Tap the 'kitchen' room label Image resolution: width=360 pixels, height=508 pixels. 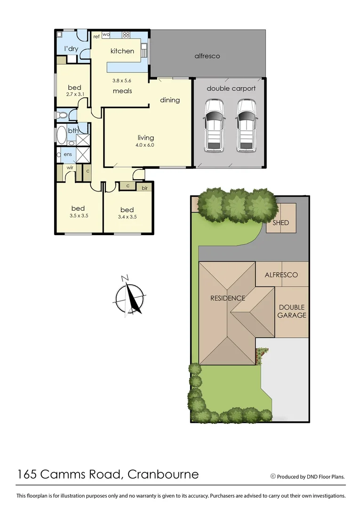(x=122, y=51)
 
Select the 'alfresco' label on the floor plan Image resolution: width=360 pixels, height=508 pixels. (x=207, y=56)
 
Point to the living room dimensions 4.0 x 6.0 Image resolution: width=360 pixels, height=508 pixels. (x=146, y=145)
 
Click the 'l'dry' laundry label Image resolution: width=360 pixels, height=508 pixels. (x=71, y=49)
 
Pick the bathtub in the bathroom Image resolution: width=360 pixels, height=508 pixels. (x=61, y=135)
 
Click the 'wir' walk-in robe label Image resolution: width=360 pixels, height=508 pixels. (x=70, y=167)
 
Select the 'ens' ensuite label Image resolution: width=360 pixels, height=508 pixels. (x=68, y=154)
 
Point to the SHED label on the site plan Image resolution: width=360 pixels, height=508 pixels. (x=280, y=222)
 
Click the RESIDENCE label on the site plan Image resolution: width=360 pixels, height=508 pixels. (x=228, y=298)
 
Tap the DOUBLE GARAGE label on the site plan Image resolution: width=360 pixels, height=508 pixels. (x=292, y=311)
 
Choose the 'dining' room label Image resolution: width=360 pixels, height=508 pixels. (x=170, y=100)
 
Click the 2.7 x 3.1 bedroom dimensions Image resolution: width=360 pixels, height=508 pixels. (x=74, y=95)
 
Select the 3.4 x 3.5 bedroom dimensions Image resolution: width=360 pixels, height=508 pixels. (x=127, y=217)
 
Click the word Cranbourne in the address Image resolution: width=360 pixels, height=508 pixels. (x=163, y=474)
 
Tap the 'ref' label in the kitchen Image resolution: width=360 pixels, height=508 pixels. (x=96, y=36)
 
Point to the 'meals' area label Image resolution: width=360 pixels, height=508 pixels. (x=122, y=91)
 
